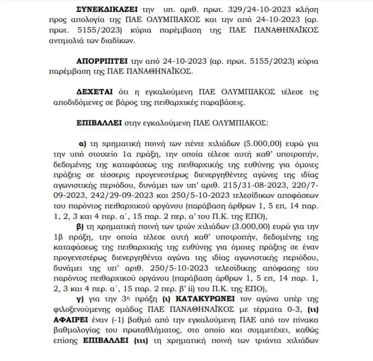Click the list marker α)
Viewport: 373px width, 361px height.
click(82, 143)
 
